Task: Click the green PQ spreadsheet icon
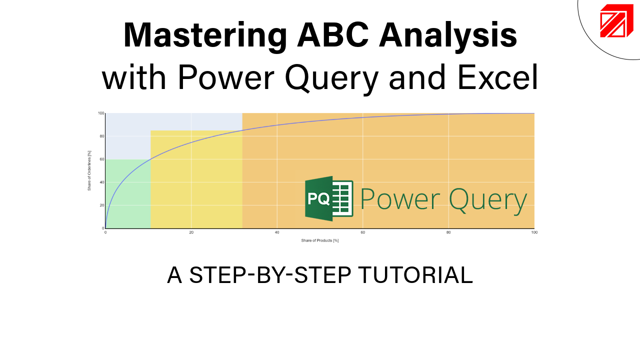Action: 329,198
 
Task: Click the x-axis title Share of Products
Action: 320,240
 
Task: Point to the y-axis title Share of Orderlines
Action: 89,171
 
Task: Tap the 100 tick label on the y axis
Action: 100,113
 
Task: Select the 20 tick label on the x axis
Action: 191,232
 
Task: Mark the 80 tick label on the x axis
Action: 448,232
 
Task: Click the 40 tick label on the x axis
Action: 277,232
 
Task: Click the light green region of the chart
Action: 127,200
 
